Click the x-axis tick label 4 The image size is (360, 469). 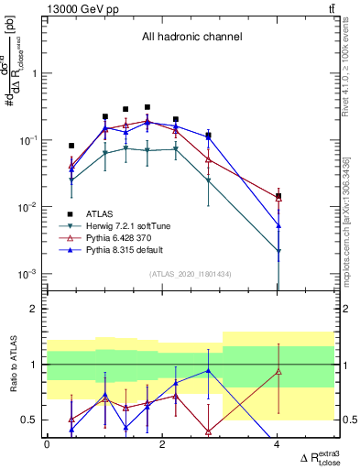point(278,444)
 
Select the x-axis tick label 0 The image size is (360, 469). point(47,444)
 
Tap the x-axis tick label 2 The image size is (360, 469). point(162,444)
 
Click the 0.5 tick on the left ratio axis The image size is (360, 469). point(33,420)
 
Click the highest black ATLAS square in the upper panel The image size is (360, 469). point(147,107)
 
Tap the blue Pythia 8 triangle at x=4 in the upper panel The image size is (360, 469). point(278,225)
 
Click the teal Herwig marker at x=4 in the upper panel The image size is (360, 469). point(278,250)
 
